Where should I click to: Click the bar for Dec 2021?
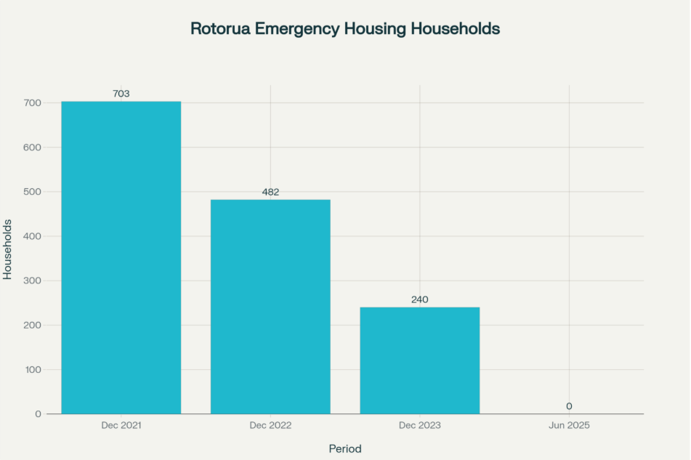click(121, 257)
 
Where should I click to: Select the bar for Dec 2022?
click(270, 306)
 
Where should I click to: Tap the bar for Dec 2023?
click(419, 360)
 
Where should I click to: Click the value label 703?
click(121, 94)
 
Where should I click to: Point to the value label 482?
click(270, 192)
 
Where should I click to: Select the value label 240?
click(419, 299)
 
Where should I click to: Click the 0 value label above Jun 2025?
click(569, 406)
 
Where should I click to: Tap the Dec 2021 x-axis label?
click(121, 425)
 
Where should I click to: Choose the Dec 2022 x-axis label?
click(270, 425)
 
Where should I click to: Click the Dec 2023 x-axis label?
click(419, 425)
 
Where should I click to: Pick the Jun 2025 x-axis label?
click(569, 425)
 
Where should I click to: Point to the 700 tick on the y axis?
click(33, 103)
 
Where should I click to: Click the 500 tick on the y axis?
click(33, 192)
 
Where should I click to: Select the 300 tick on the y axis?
click(33, 281)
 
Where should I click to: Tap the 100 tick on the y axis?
click(33, 369)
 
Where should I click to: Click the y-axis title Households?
click(8, 249)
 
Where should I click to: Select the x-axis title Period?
click(345, 448)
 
